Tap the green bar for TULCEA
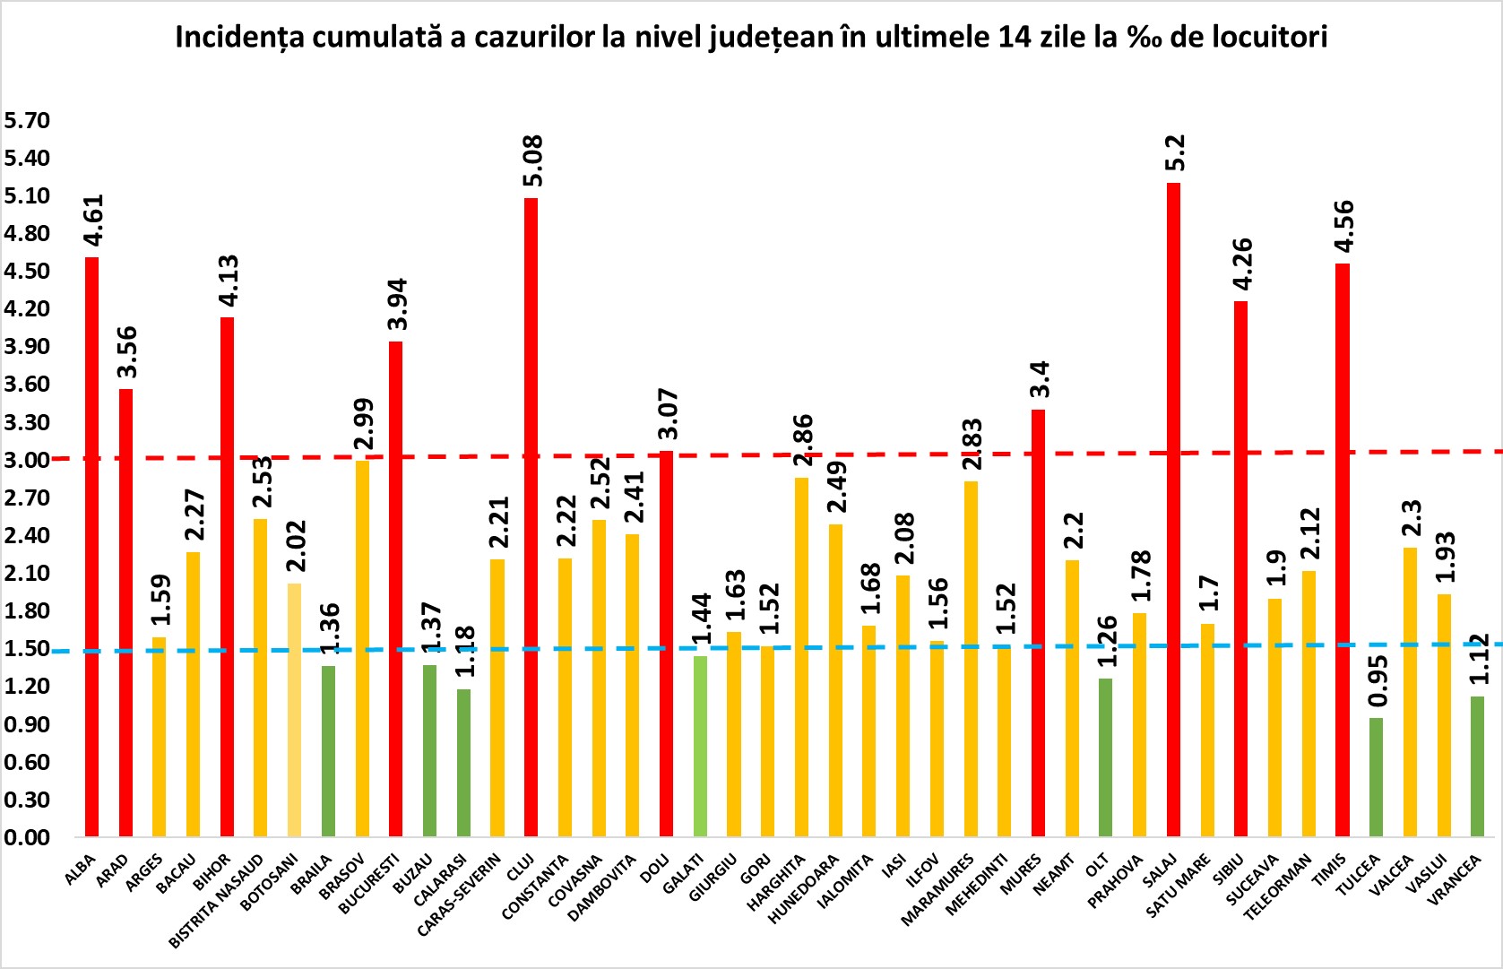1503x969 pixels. coord(1376,777)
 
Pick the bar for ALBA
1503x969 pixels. coord(91,547)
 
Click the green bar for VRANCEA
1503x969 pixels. coord(1477,766)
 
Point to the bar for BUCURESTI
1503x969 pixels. coord(395,589)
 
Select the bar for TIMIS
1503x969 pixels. coord(1342,549)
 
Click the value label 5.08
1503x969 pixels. coord(532,160)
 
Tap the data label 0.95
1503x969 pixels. coord(1378,681)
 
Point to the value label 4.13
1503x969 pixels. coord(229,281)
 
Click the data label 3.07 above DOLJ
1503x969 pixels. coord(668,414)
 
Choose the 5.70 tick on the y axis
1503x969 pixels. coord(27,120)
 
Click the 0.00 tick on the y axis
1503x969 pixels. coord(27,837)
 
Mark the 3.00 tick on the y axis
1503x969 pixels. coord(27,460)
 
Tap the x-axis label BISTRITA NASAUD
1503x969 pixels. coord(217,902)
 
